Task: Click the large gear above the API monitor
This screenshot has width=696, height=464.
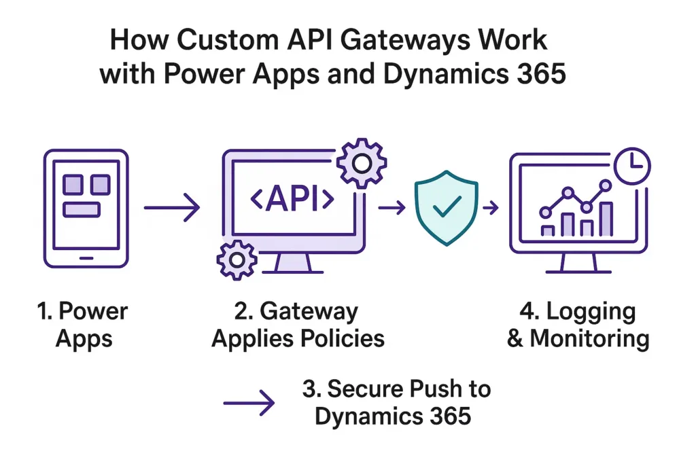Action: (x=362, y=163)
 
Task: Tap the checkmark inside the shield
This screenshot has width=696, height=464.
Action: (x=446, y=207)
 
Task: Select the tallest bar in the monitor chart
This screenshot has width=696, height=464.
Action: (x=606, y=218)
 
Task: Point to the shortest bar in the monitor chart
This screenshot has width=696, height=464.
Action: (x=547, y=230)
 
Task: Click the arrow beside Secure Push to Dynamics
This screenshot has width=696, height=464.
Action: (x=249, y=403)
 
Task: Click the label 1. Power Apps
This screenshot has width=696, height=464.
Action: (x=83, y=324)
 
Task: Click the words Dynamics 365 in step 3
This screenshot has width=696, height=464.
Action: (x=392, y=415)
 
